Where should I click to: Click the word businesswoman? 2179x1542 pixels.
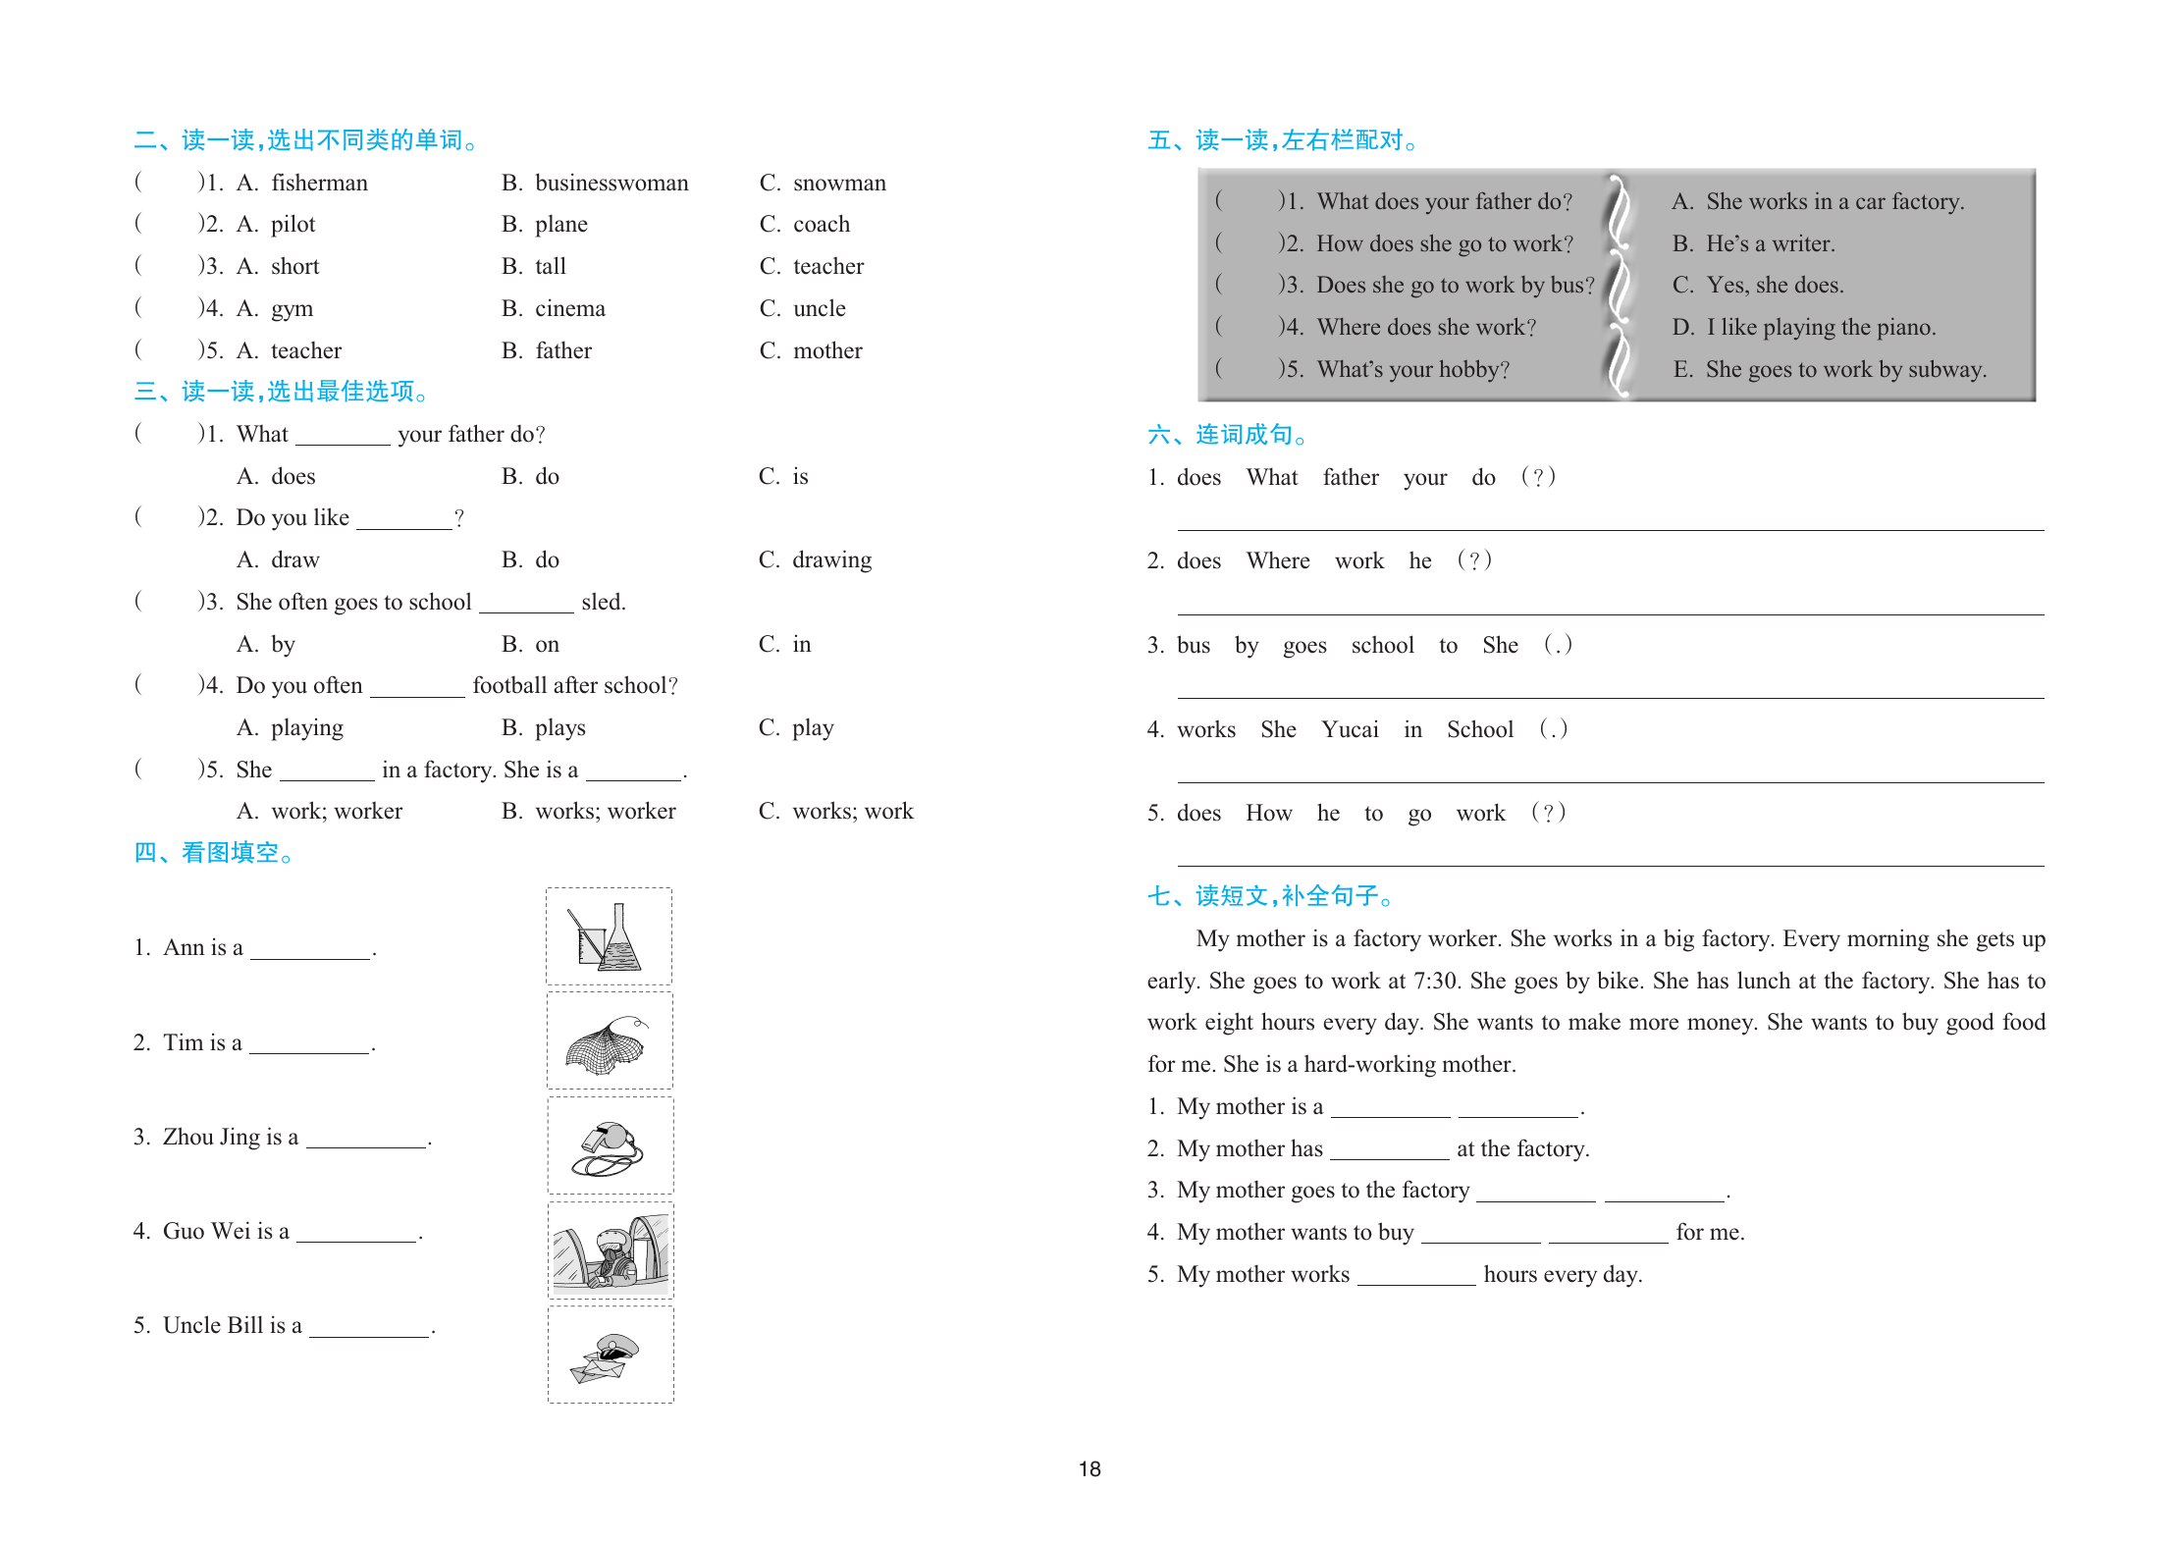click(x=611, y=184)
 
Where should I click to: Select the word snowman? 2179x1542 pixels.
click(x=839, y=184)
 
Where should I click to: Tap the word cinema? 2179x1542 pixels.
click(x=569, y=309)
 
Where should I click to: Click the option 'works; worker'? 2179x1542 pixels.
click(x=605, y=812)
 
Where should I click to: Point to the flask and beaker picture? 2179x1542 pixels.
click(x=609, y=937)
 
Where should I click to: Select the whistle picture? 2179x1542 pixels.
click(x=610, y=1146)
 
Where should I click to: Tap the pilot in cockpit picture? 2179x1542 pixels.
click(x=610, y=1251)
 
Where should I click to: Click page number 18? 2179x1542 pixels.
click(x=1089, y=1469)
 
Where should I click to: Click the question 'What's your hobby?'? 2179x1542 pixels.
click(x=1412, y=370)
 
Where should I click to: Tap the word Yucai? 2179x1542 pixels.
click(x=1350, y=730)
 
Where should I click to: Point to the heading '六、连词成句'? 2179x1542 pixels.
click(x=1227, y=435)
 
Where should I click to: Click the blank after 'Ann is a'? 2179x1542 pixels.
click(x=310, y=950)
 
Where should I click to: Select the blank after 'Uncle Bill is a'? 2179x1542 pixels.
click(x=369, y=1328)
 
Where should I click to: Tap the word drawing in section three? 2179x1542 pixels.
click(x=831, y=560)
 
